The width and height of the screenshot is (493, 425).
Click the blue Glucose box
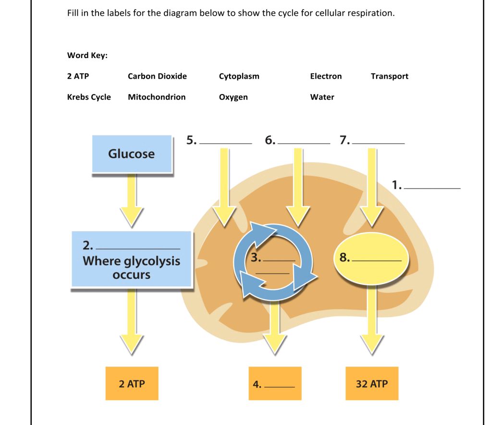pyautogui.click(x=132, y=154)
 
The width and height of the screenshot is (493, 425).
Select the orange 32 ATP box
pyautogui.click(x=371, y=384)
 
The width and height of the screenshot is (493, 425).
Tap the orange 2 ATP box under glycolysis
pyautogui.click(x=132, y=384)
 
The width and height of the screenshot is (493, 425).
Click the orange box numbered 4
pyautogui.click(x=275, y=384)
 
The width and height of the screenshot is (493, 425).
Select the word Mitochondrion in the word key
pyautogui.click(x=157, y=97)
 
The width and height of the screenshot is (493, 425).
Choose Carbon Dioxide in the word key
pyautogui.click(x=157, y=76)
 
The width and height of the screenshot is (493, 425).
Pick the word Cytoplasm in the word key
pyautogui.click(x=239, y=76)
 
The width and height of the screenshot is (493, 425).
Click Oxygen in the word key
pyautogui.click(x=233, y=97)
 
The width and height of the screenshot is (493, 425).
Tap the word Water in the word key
pyautogui.click(x=322, y=97)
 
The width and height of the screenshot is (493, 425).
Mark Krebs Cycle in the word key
pyautogui.click(x=89, y=97)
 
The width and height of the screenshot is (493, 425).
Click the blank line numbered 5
pyautogui.click(x=225, y=142)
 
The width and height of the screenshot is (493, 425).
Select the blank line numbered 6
pyautogui.click(x=304, y=142)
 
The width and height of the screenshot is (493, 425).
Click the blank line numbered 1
pyautogui.click(x=432, y=188)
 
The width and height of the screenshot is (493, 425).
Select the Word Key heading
pyautogui.click(x=87, y=55)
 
